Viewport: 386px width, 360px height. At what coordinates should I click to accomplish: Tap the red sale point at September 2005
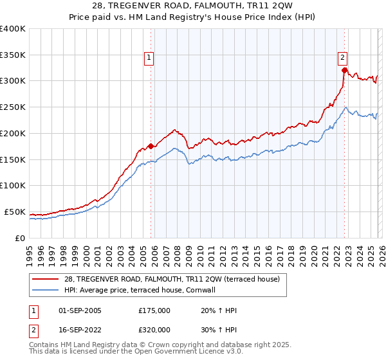(151, 146)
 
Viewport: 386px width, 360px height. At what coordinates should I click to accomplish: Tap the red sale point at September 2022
(345, 70)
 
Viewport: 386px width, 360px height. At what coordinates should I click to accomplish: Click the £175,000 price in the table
(154, 310)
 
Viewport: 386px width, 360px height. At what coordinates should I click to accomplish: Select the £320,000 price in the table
(154, 329)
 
